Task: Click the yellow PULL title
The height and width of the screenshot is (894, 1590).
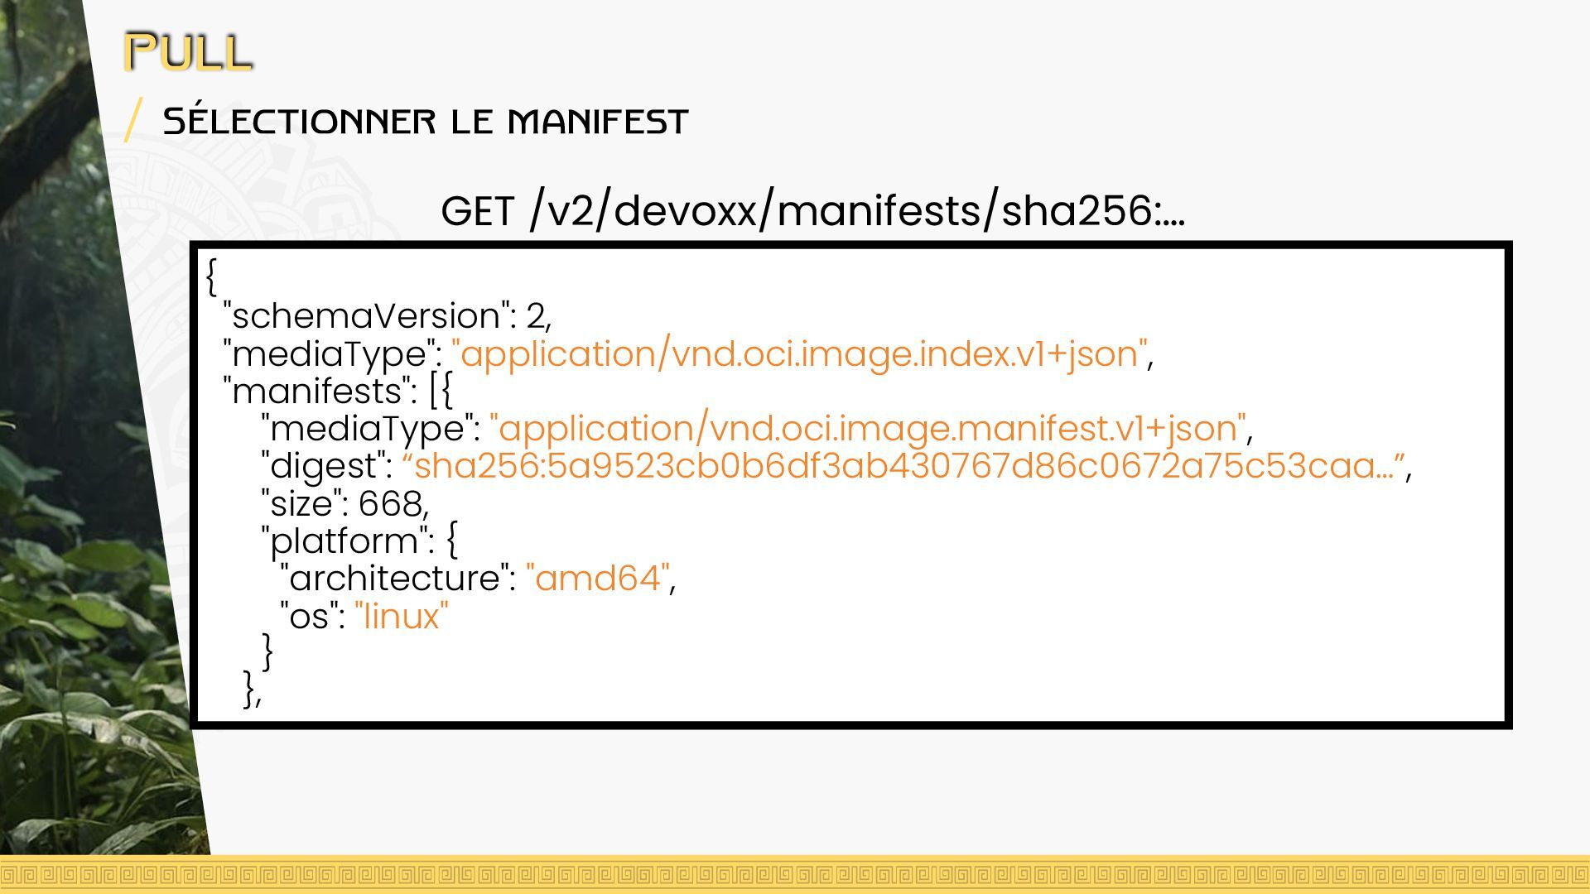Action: click(188, 51)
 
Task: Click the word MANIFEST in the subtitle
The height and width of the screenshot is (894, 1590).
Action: click(597, 122)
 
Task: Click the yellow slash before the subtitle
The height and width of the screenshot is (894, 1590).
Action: click(132, 119)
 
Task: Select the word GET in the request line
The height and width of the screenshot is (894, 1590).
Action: click(478, 211)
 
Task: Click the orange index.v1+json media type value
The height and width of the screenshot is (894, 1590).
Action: click(799, 354)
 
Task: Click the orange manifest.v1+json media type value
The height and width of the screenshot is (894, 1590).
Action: click(868, 429)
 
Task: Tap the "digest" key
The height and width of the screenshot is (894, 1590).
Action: click(325, 466)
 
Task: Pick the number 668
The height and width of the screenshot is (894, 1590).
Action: click(390, 503)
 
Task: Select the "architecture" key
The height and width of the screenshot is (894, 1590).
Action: click(393, 579)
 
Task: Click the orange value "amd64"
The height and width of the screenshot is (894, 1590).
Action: click(598, 579)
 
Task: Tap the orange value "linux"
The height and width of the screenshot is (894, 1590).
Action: click(402, 617)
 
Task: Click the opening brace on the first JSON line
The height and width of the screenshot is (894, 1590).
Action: click(212, 276)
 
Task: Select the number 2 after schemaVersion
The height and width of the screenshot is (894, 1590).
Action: click(535, 316)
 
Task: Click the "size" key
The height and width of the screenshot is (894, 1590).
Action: click(300, 503)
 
